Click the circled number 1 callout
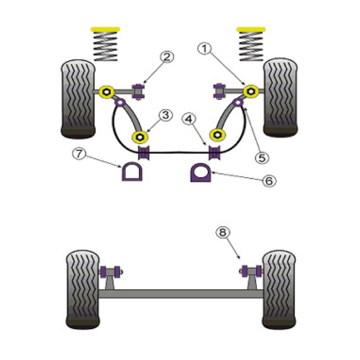205,49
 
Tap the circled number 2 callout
166,57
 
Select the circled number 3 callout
166,115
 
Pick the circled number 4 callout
189,119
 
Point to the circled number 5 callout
262,158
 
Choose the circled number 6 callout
269,181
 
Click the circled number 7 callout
79,154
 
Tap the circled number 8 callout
222,232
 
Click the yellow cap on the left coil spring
105,29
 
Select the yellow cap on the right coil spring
251,29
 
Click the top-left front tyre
78,99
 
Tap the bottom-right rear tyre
279,290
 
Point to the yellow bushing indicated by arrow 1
251,91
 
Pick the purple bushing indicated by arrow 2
139,92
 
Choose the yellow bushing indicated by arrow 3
140,137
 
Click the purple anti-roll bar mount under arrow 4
215,152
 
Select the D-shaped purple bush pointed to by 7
132,171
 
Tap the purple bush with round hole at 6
201,172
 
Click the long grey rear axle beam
181,294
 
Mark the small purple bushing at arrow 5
238,102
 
